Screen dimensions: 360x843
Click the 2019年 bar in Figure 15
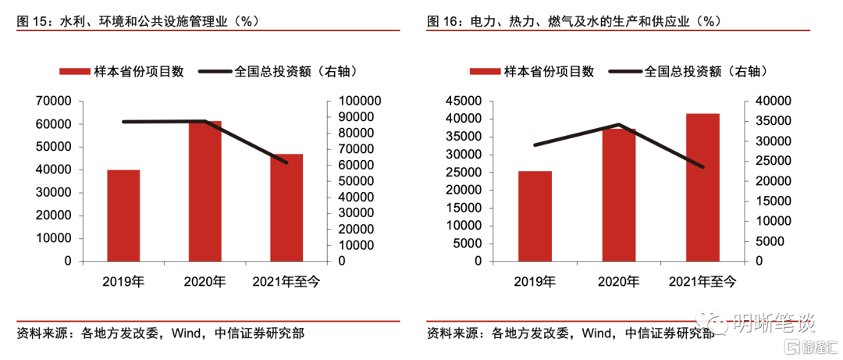(123, 215)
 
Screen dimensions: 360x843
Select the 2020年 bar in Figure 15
(205, 191)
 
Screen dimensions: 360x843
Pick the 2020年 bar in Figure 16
(618, 194)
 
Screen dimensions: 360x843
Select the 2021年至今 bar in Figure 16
(702, 187)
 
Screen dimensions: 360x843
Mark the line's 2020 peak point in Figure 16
(618, 124)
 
